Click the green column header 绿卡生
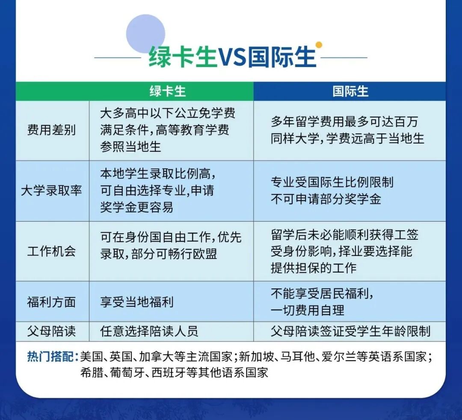tap(168, 91)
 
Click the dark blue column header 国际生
tap(350, 91)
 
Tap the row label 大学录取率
tap(51, 191)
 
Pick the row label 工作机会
tap(51, 251)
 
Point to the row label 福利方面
tap(51, 302)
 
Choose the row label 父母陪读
tap(51, 331)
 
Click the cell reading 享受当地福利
tap(137, 302)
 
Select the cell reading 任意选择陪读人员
tap(149, 331)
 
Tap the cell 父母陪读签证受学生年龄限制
tap(350, 331)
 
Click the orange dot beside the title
tap(318, 44)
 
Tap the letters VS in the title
tap(233, 57)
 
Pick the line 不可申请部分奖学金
tap(326, 199)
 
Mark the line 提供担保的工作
tap(314, 268)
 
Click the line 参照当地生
tap(131, 147)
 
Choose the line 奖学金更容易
tap(137, 207)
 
